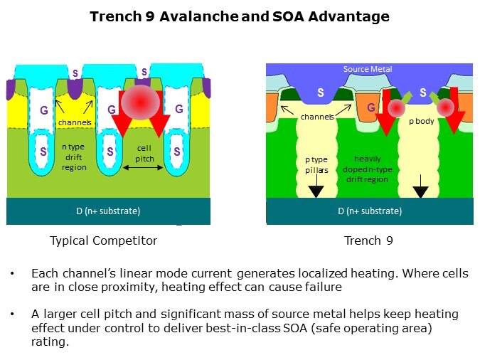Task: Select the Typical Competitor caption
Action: coord(103,240)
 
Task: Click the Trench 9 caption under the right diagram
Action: coord(368,240)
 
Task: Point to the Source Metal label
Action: coord(368,69)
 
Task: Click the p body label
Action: coord(421,122)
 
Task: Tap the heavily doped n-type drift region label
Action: coord(371,169)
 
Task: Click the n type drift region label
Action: coord(73,157)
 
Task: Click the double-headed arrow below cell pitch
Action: coord(145,169)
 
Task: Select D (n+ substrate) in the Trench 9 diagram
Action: coord(369,211)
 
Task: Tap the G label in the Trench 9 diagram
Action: coord(371,108)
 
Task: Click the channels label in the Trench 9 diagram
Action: coord(317,116)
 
